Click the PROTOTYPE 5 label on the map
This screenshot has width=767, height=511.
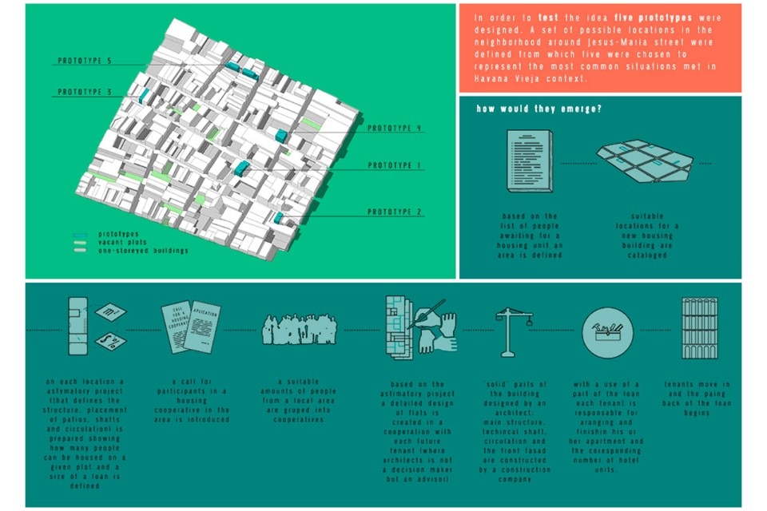[x=85, y=61]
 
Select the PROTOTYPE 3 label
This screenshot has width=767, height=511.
[x=85, y=92]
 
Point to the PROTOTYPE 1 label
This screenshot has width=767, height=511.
[x=394, y=165]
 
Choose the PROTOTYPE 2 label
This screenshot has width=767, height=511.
[x=395, y=212]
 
